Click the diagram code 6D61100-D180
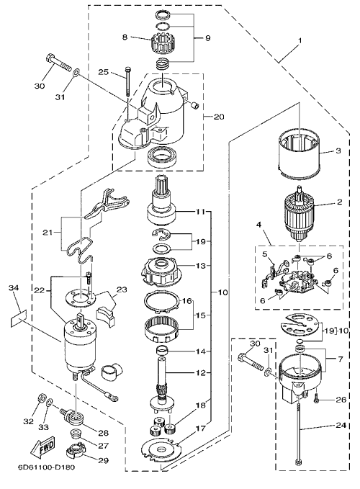click(x=46, y=468)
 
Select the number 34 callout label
click(x=14, y=287)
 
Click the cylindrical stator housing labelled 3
click(x=299, y=153)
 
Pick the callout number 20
click(x=219, y=117)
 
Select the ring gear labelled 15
click(x=162, y=331)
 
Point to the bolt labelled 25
click(x=127, y=81)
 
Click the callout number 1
click(x=300, y=41)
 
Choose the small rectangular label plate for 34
click(x=18, y=318)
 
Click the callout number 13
click(x=201, y=266)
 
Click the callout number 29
click(x=103, y=460)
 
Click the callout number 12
click(x=201, y=372)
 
